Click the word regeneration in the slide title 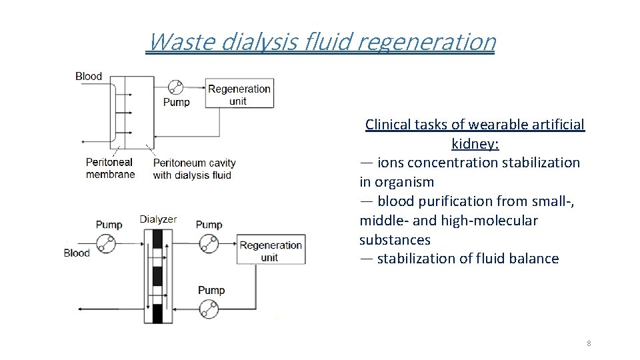[x=427, y=42]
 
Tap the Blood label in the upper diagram [x=89, y=76]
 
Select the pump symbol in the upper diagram [x=175, y=87]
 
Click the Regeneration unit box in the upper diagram [x=239, y=95]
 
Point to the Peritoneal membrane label [x=110, y=168]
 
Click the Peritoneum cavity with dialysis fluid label [x=194, y=169]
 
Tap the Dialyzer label [x=158, y=219]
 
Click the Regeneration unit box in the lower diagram [x=271, y=251]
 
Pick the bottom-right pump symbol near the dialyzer [x=209, y=309]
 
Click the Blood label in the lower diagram [x=77, y=253]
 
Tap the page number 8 [x=589, y=343]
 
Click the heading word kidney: [x=475, y=143]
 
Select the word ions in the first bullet [x=391, y=163]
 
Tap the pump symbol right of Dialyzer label [x=209, y=245]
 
